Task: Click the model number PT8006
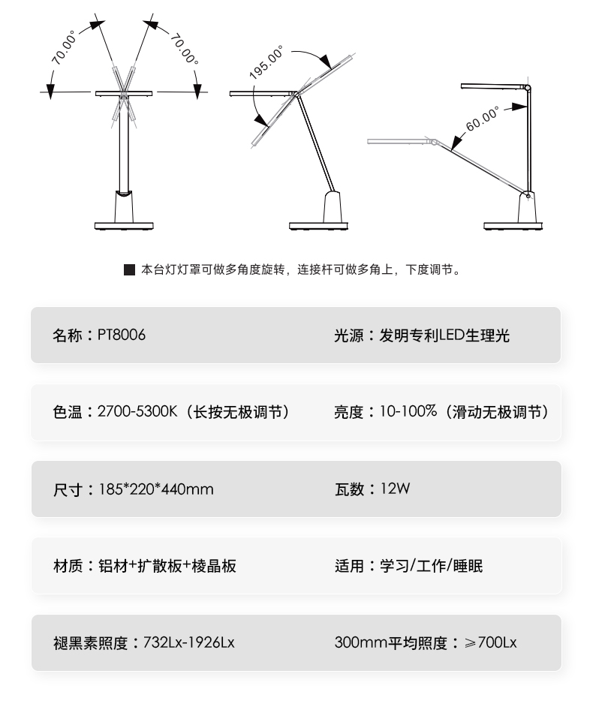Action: pos(121,335)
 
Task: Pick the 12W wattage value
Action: pos(396,489)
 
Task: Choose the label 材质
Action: pos(68,566)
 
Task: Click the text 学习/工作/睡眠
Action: pos(432,566)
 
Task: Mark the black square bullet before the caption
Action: pos(129,269)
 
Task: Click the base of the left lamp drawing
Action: pos(124,224)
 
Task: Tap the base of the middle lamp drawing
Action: pos(319,224)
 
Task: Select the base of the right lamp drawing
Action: pos(513,224)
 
